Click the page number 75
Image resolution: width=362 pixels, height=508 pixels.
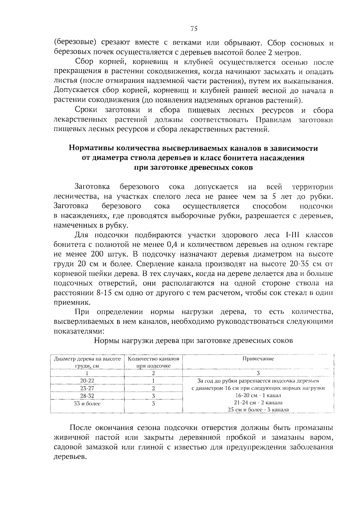click(194, 29)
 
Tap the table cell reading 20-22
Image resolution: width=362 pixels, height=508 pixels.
click(87, 381)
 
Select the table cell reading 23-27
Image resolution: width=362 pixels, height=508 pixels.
click(87, 388)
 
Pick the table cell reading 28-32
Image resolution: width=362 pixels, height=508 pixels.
click(87, 396)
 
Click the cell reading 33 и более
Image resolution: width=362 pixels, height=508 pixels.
click(87, 403)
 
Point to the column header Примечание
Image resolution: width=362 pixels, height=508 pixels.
click(258, 359)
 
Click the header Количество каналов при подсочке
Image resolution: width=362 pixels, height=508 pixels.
click(153, 362)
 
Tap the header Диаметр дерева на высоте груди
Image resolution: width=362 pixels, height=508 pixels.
click(87, 362)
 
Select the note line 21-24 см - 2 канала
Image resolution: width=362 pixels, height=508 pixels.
click(258, 403)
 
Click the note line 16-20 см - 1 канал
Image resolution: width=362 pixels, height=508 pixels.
click(258, 395)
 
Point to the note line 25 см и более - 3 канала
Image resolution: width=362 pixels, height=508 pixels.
click(258, 410)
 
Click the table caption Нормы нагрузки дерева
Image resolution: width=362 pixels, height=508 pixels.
click(193, 341)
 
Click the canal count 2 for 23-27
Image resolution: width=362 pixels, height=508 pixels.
click(153, 388)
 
